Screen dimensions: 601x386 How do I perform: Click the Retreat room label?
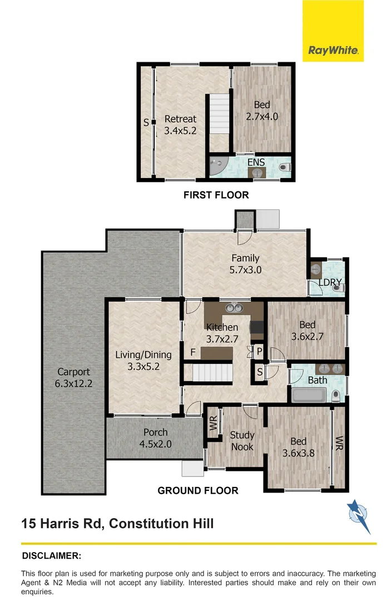pyautogui.click(x=180, y=125)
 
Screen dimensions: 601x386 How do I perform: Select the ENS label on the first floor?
pyautogui.click(x=256, y=162)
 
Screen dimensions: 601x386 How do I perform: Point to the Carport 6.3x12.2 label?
pyautogui.click(x=73, y=378)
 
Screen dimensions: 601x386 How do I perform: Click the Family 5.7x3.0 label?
pyautogui.click(x=245, y=264)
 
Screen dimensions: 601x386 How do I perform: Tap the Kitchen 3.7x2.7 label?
pyautogui.click(x=222, y=333)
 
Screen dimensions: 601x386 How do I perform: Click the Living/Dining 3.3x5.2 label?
pyautogui.click(x=143, y=360)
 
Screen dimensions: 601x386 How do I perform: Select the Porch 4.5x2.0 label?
pyautogui.click(x=155, y=438)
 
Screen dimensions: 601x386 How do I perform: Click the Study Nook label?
pyautogui.click(x=242, y=441)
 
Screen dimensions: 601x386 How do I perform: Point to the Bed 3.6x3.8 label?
pyautogui.click(x=299, y=447)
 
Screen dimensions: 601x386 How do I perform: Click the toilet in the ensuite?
pyautogui.click(x=285, y=166)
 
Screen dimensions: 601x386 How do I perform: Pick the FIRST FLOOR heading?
pyautogui.click(x=216, y=195)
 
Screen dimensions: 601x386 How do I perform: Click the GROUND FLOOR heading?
pyautogui.click(x=197, y=490)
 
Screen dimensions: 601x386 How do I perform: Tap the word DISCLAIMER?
pyautogui.click(x=51, y=555)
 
